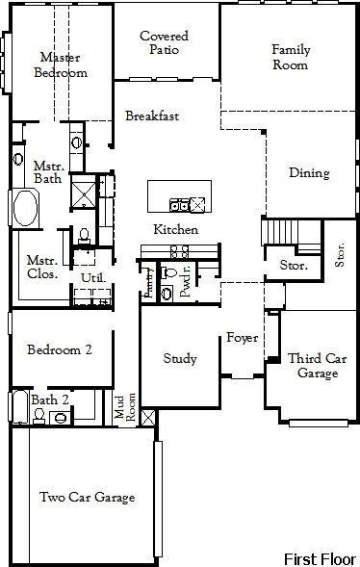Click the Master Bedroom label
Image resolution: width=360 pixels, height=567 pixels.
coord(60,64)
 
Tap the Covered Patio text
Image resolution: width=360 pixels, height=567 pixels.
coord(164,43)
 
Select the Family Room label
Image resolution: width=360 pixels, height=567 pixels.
coord(290,57)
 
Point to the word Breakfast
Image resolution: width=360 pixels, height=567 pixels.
coord(152,116)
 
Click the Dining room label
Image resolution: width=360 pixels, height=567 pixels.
coord(309,173)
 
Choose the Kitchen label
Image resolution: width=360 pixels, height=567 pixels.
coord(176,230)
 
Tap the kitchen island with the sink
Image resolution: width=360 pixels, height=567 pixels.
coord(177,196)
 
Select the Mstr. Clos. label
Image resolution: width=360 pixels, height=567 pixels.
coord(42,266)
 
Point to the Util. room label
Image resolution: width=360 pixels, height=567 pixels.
coord(92,278)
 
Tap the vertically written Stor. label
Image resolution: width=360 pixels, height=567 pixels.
coord(339,255)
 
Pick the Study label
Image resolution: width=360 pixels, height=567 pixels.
coord(180,359)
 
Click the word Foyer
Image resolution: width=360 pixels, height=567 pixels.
coord(241,338)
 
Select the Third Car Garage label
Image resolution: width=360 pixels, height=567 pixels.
coord(317,366)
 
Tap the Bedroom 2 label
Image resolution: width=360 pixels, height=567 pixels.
coord(59,349)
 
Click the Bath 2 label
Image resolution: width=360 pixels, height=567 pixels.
coord(49,399)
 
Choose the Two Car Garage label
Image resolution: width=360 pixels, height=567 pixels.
coord(87,498)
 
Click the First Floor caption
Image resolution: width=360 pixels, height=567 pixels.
coord(319,558)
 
